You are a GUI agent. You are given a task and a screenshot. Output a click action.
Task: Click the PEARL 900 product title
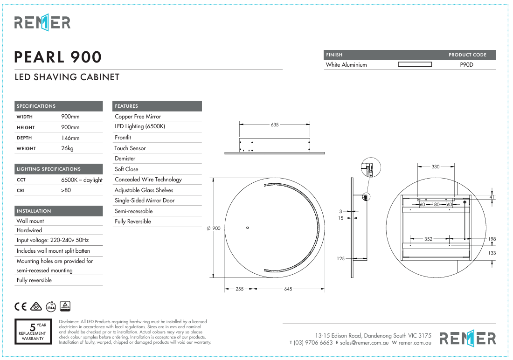pos(58,57)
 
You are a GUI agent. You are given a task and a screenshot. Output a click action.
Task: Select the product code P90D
pos(466,64)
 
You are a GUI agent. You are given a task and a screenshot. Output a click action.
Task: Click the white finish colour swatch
pos(415,64)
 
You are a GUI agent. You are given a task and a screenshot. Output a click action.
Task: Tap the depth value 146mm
pos(70,138)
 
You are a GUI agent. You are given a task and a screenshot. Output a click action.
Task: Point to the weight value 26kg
pos(68,148)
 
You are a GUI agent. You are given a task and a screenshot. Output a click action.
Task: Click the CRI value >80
pos(66,190)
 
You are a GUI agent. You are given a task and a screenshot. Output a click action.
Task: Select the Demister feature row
pos(125,159)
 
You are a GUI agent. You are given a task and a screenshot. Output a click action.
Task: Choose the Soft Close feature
pos(126,169)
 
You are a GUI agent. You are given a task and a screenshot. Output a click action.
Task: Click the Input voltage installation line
pos(53,240)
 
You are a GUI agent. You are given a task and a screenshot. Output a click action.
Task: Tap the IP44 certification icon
pos(51,306)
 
